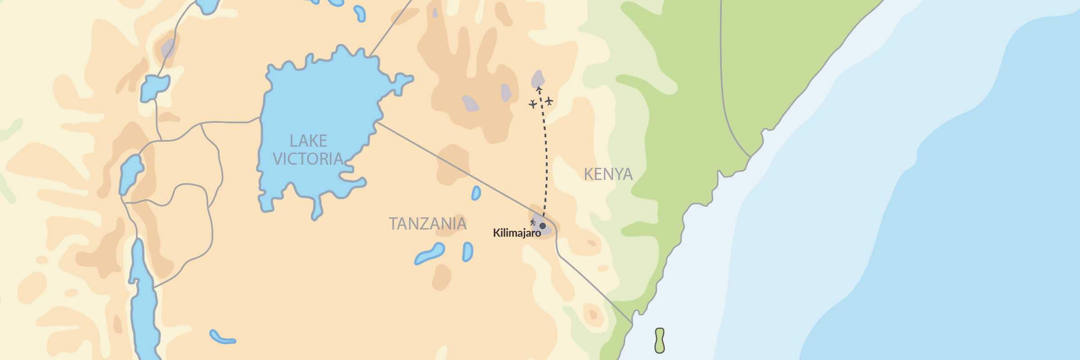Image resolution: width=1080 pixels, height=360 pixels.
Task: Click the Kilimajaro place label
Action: pyautogui.click(x=517, y=233)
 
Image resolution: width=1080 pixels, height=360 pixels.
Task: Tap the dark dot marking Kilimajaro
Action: pyautogui.click(x=543, y=226)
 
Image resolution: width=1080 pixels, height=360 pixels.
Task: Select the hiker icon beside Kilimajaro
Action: pyautogui.click(x=533, y=222)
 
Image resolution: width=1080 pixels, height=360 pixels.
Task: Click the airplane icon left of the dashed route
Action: pyautogui.click(x=533, y=104)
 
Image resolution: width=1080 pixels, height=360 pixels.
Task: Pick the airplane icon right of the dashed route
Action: pyautogui.click(x=549, y=101)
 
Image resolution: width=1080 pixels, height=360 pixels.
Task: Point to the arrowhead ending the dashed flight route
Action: pyautogui.click(x=539, y=89)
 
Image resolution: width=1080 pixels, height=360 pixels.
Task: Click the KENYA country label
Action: pyautogui.click(x=608, y=175)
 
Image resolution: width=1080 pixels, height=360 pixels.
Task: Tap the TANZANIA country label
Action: pyautogui.click(x=427, y=224)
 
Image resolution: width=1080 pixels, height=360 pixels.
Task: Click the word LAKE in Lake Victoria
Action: pyautogui.click(x=308, y=141)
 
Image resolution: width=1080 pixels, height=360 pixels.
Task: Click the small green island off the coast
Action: pyautogui.click(x=660, y=341)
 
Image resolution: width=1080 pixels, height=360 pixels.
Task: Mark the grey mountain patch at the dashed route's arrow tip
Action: pyautogui.click(x=538, y=79)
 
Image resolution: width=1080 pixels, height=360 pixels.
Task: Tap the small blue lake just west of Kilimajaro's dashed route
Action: pyautogui.click(x=476, y=193)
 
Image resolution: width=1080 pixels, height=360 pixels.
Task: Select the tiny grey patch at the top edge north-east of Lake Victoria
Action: pyautogui.click(x=435, y=13)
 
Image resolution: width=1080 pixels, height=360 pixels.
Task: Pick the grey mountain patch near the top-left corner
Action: pyautogui.click(x=168, y=48)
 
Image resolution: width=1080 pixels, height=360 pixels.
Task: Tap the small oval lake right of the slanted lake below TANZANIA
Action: pyautogui.click(x=468, y=252)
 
